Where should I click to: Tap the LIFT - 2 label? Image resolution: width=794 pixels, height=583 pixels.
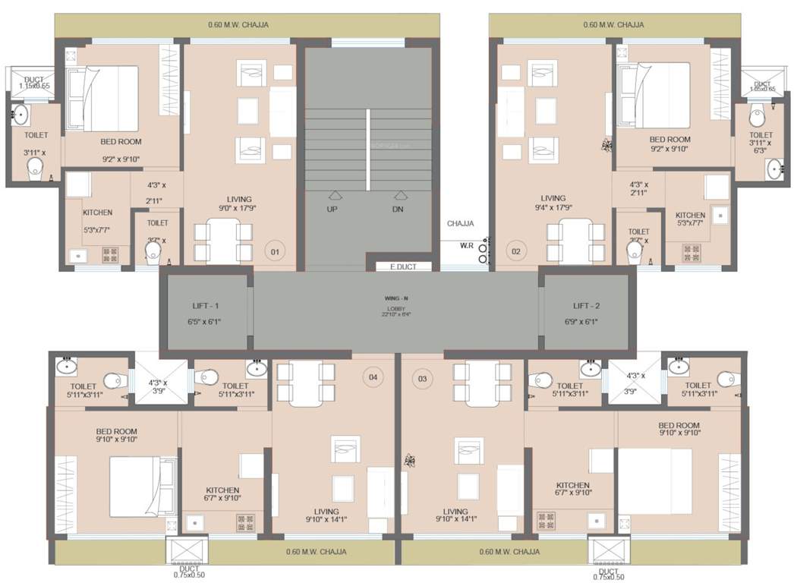click(x=585, y=305)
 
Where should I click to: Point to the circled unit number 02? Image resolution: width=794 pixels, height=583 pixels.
click(x=516, y=251)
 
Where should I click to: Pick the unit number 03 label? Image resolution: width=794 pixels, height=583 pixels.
click(x=423, y=377)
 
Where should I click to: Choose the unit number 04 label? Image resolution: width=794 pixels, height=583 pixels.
click(x=373, y=377)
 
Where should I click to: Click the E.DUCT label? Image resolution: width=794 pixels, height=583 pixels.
click(x=403, y=266)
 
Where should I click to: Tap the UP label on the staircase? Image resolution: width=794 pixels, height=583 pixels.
click(x=332, y=209)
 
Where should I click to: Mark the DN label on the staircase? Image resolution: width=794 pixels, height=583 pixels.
click(x=398, y=209)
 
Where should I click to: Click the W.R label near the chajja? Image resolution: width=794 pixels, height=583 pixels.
click(x=466, y=244)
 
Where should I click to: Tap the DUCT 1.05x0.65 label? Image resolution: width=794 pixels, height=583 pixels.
click(x=762, y=87)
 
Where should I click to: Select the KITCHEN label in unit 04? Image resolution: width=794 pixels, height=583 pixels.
click(x=222, y=490)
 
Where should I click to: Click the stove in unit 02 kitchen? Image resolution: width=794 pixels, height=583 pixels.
click(x=691, y=251)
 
